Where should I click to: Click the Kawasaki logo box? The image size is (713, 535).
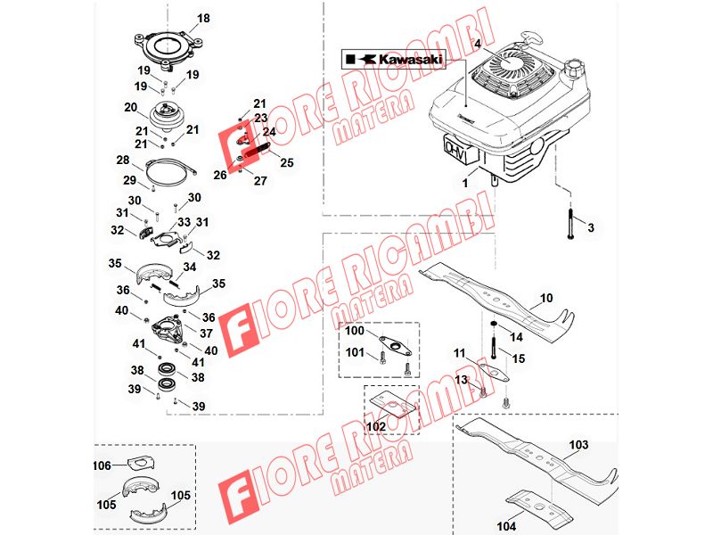394,60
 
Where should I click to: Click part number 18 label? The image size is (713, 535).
203,18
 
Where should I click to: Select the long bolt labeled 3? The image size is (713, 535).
570,224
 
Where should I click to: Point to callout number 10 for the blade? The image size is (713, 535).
546,298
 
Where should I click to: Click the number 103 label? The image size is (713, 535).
578,444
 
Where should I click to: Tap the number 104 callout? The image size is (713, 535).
506,526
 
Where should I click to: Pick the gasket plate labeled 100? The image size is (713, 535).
395,345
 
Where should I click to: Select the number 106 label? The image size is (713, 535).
102,465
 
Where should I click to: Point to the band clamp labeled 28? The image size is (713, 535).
171,172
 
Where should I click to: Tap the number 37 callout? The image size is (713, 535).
207,333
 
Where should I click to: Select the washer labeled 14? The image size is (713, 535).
493,324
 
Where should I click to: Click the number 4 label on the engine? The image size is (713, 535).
478,44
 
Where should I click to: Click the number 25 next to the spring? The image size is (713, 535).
287,162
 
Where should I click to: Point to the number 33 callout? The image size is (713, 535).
184,222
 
